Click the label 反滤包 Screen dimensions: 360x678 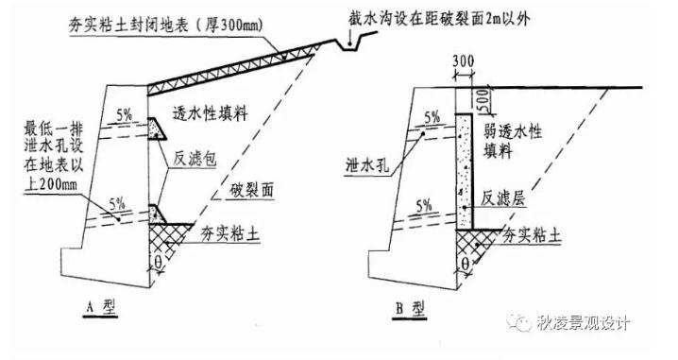pyautogui.click(x=196, y=162)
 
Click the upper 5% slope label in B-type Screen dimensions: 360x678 pyautogui.click(x=432, y=117)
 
